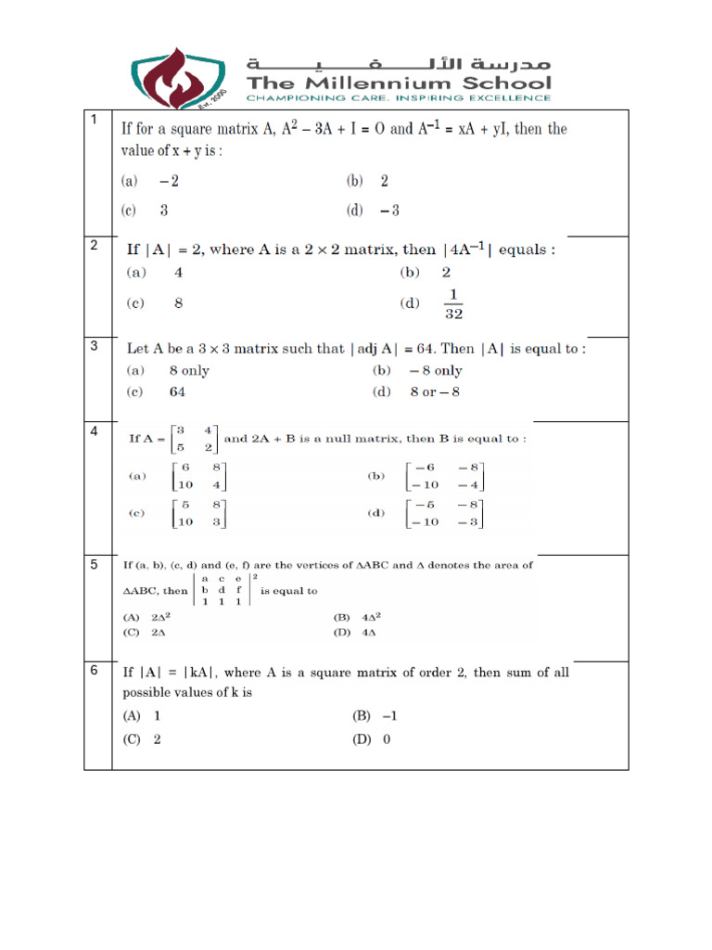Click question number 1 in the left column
tap(94, 121)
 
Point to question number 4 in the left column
tap(94, 431)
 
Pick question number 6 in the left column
tap(94, 672)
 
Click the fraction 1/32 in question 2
tap(452, 303)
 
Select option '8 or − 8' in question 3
tap(435, 392)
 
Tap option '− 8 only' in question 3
tap(436, 370)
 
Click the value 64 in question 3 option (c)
tap(177, 392)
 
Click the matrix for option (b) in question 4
tap(444, 476)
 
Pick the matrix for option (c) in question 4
tap(197, 512)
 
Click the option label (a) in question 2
tap(136, 273)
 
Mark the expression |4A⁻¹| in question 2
tap(469, 249)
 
